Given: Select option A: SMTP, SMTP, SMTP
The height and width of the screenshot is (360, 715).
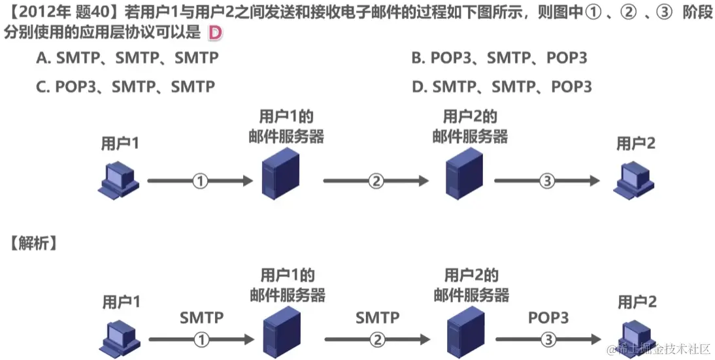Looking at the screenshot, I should click(x=127, y=58).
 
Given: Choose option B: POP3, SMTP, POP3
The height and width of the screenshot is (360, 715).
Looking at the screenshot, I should click(x=499, y=58).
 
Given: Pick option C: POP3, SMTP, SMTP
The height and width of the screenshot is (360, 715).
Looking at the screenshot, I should click(x=125, y=86).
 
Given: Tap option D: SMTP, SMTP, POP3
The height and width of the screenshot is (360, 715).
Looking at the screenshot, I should click(x=502, y=86).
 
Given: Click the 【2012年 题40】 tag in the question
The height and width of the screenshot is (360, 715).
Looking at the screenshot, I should click(x=59, y=13).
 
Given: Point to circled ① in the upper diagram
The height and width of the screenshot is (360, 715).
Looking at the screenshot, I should click(x=201, y=181).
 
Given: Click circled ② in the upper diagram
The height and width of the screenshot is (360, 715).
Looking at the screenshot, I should click(x=376, y=181).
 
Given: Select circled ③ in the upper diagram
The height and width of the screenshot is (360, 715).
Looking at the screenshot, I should click(x=547, y=181).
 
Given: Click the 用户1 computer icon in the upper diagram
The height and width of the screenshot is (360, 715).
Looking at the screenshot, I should click(x=118, y=179).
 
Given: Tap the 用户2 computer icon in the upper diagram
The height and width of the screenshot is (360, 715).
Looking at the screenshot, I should click(x=633, y=179).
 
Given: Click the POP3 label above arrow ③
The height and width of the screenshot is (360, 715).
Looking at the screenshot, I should click(x=548, y=318).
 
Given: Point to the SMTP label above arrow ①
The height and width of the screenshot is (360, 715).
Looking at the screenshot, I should click(x=201, y=318).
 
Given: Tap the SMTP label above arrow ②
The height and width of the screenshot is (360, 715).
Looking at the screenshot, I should click(x=377, y=318).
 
